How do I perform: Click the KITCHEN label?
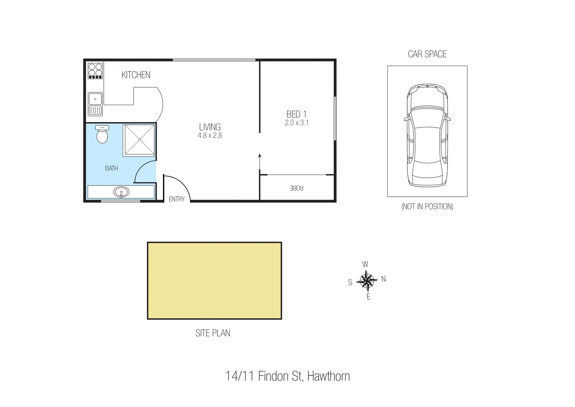coord(136,75)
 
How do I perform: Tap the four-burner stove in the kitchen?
coord(95,70)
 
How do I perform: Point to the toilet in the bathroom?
coord(102,135)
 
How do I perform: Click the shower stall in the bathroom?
coord(139,140)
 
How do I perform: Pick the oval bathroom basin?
coord(121,192)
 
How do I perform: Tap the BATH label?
coord(111,168)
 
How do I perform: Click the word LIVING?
coord(210,127)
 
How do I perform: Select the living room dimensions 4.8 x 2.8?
coord(210,136)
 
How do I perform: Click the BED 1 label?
coord(296,114)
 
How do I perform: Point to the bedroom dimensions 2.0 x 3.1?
coord(297,122)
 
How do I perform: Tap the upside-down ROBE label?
coord(296,188)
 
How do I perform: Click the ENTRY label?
coord(177,199)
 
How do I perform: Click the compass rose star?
coord(366,280)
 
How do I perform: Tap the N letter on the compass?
coord(384,279)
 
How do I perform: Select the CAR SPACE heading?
coord(427,54)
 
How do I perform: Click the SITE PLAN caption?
coord(213,333)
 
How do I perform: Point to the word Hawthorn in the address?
coord(328,376)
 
